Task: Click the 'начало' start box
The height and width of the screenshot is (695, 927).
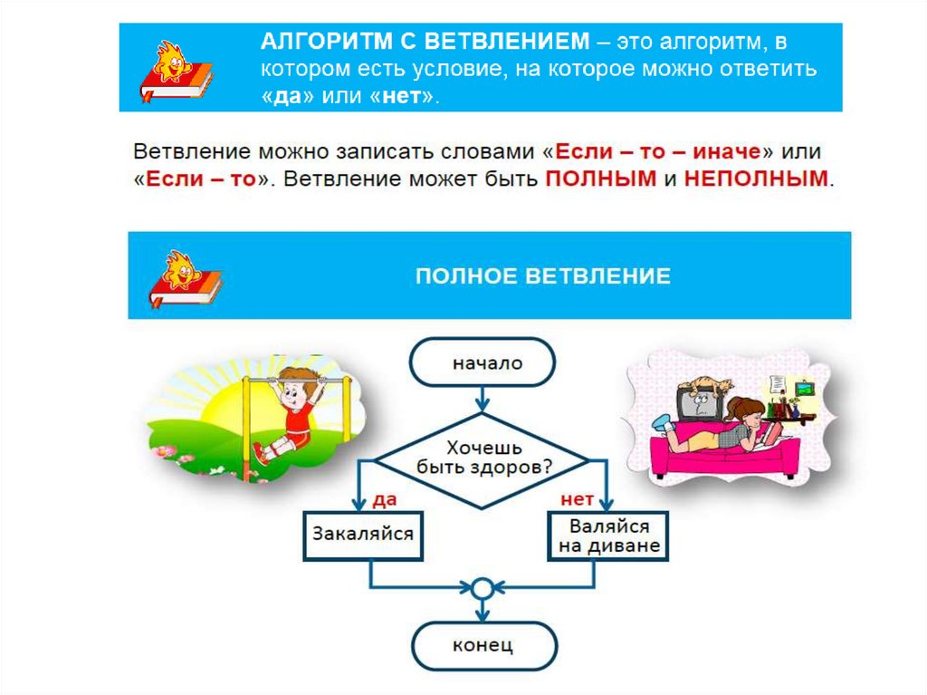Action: point(481,362)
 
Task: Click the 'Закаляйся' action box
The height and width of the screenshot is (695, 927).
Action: point(362,533)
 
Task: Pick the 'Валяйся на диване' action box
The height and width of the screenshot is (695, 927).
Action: point(608,536)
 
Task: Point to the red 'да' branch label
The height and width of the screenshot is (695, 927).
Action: point(384,498)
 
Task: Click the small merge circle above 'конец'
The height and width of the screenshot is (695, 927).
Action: point(482,588)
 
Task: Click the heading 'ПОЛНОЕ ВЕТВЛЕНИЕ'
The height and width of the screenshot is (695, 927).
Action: point(542,275)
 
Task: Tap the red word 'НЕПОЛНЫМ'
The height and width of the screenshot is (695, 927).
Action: point(756,178)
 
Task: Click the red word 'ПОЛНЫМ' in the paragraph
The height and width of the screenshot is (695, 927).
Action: point(600,178)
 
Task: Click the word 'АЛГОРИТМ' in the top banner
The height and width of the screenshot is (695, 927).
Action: point(313,41)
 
